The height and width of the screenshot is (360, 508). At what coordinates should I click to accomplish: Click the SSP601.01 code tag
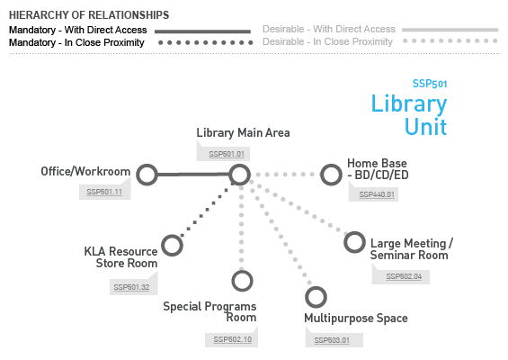tap(227, 154)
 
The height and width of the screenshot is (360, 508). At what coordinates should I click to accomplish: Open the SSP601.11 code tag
tap(104, 192)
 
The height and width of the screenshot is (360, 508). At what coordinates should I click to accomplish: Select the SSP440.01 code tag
tap(377, 194)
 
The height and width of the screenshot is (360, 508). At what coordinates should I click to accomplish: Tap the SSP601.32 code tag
tap(131, 287)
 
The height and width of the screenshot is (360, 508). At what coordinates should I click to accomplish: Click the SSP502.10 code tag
tap(233, 339)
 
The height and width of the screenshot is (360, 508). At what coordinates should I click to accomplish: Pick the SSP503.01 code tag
tap(332, 340)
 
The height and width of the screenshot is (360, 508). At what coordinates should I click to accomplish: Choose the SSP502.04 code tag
tap(404, 276)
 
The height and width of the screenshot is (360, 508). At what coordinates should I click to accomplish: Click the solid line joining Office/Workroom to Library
tap(193, 175)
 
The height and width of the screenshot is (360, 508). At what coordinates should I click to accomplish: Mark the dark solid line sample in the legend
tap(202, 31)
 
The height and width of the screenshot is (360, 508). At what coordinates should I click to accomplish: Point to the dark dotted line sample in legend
tap(205, 42)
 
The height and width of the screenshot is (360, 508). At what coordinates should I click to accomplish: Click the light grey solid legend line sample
tap(450, 30)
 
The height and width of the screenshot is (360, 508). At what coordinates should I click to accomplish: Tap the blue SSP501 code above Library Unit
tap(430, 84)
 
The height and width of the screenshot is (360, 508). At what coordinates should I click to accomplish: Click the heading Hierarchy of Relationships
tap(89, 15)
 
